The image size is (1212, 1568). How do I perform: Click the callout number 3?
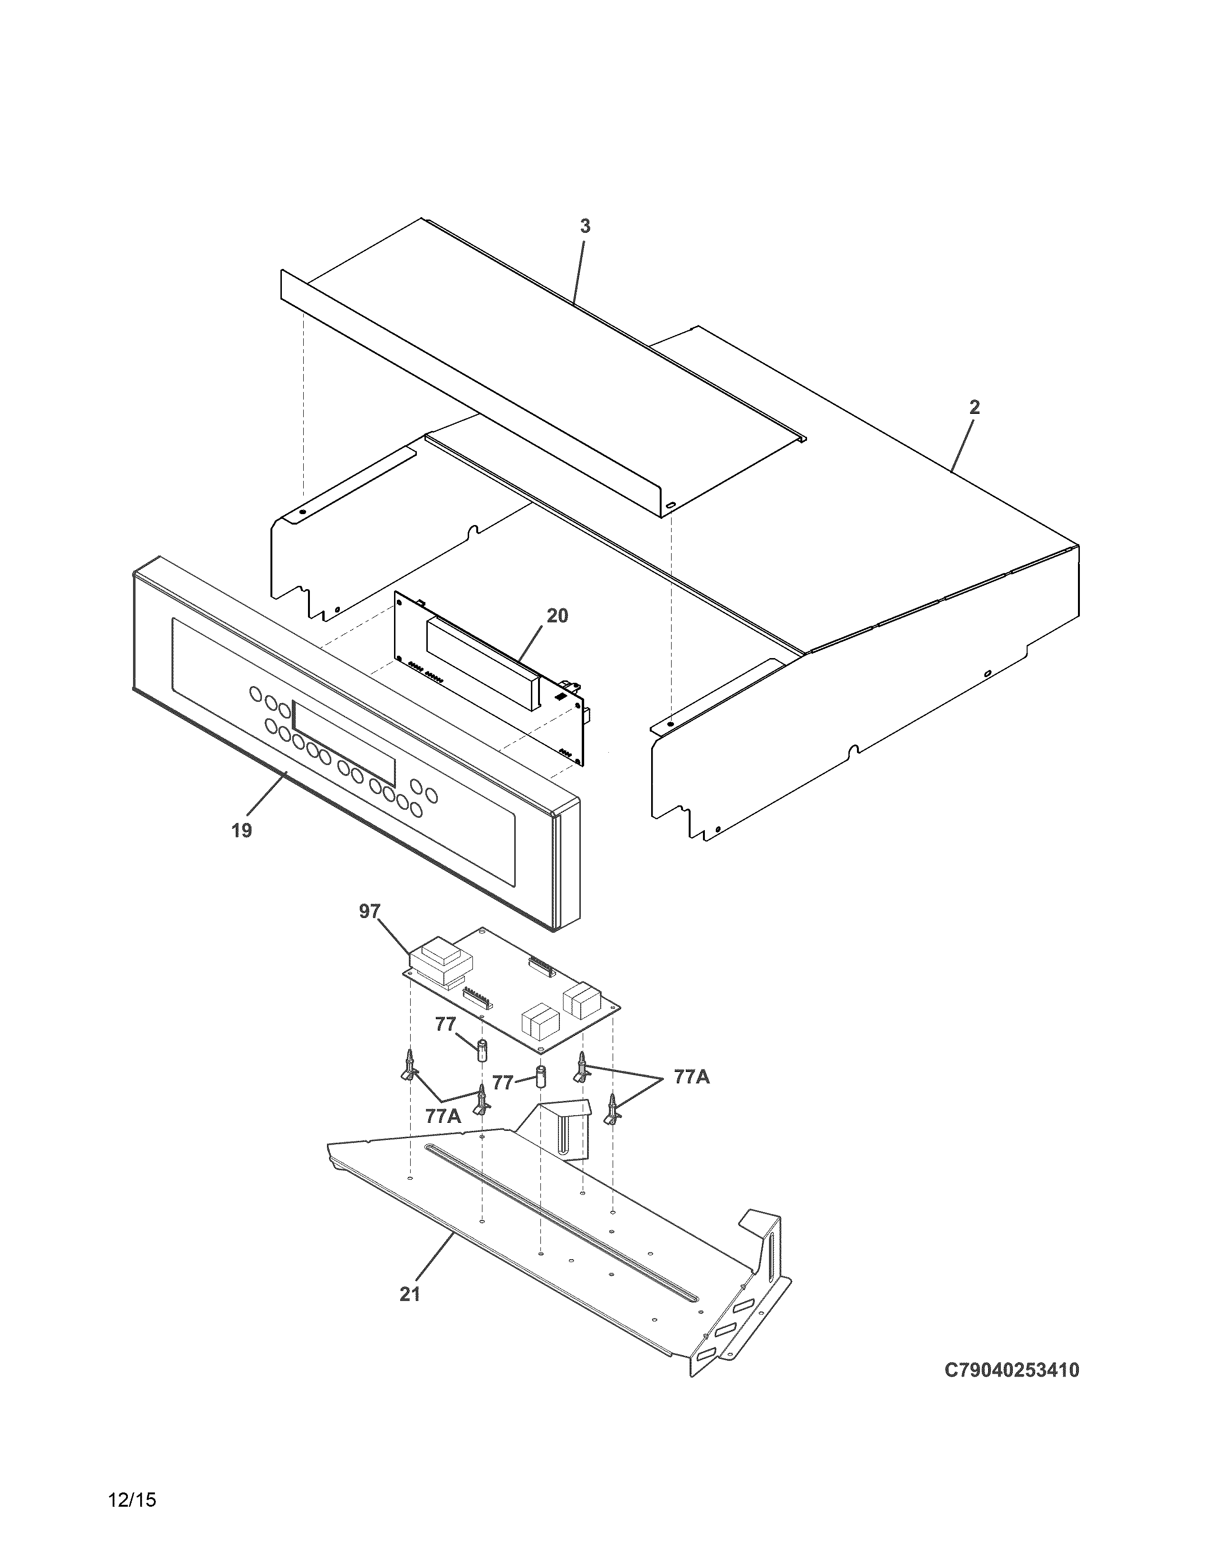click(585, 226)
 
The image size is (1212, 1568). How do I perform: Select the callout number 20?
click(557, 615)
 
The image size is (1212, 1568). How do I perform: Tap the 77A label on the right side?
click(692, 1097)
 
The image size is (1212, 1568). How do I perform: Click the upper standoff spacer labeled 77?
click(482, 1049)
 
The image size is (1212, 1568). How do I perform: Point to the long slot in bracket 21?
click(560, 1221)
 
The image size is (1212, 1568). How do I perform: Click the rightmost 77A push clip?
click(612, 1109)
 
